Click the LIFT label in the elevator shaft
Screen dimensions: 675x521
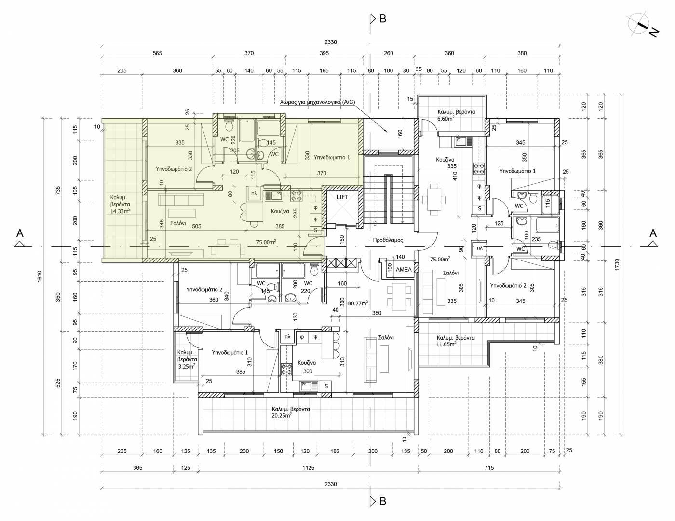point(342,197)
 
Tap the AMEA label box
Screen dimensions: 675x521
point(404,270)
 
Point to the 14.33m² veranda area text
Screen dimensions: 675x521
point(120,211)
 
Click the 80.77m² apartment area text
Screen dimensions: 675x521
point(358,303)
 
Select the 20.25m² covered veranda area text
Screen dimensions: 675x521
point(282,415)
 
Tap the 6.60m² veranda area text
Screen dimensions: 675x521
point(446,118)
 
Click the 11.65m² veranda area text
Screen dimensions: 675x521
point(446,344)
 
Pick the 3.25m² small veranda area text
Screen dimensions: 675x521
point(187,366)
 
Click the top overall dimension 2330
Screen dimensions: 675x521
point(331,42)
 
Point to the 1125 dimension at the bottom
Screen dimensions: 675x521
point(308,468)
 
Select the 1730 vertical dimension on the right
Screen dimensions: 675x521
point(617,265)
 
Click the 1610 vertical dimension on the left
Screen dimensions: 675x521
point(39,276)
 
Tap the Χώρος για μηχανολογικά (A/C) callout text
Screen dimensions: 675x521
point(317,102)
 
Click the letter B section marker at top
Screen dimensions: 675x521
point(383,19)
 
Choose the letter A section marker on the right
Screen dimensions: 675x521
point(653,233)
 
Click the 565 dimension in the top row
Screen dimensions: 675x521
point(157,53)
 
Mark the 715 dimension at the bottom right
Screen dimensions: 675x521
point(489,468)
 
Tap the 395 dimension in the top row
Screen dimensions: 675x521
point(324,53)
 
